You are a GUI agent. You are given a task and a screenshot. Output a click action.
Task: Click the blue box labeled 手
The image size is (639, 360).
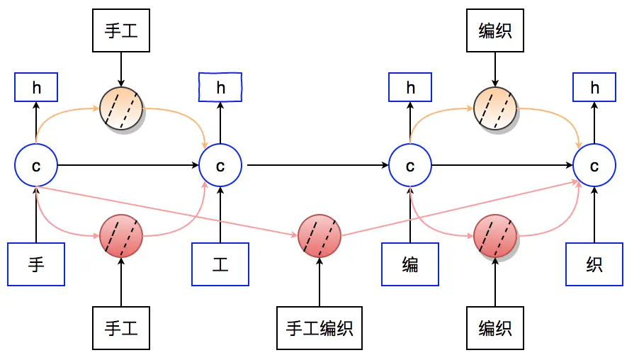[36, 264]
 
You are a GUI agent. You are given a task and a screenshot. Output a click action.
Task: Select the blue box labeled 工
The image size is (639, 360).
[220, 264]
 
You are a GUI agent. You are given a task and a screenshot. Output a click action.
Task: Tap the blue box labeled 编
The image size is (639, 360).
[410, 264]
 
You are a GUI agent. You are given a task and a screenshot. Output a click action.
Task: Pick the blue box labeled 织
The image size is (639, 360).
[594, 264]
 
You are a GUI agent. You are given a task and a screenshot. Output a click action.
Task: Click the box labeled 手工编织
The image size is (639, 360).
[319, 329]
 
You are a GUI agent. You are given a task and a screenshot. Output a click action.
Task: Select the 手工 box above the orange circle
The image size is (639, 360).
[121, 30]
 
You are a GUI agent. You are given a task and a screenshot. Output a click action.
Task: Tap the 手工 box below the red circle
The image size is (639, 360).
[121, 329]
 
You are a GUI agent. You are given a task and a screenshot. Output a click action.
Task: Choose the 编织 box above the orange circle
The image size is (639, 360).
[495, 30]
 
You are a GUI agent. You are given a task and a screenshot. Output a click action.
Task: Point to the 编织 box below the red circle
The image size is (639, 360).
[495, 329]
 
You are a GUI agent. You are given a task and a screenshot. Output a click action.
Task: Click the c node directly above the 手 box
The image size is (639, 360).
[36, 166]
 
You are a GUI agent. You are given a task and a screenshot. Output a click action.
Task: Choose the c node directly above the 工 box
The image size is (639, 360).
[220, 166]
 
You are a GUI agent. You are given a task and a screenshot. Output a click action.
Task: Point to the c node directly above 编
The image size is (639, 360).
[410, 166]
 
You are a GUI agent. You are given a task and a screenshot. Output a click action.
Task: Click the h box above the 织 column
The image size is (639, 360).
[594, 88]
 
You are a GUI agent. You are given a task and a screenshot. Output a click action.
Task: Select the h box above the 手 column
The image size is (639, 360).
[36, 88]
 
